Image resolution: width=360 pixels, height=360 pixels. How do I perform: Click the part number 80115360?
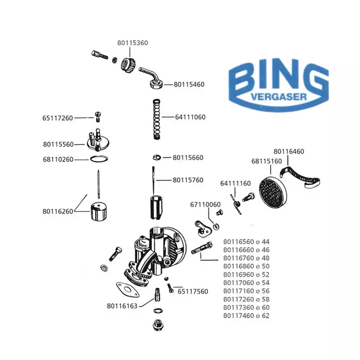[133, 43]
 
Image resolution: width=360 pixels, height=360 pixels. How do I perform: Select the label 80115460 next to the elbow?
[189, 85]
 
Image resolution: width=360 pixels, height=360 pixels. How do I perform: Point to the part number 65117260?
[58, 118]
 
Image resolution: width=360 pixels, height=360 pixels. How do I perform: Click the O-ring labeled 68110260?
[99, 159]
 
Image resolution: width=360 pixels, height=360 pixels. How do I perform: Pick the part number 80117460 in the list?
[240, 316]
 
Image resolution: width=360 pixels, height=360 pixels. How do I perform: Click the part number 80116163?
[122, 305]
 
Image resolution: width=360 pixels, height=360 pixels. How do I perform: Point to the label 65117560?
[193, 292]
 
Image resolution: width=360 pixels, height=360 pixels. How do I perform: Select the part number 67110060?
[206, 204]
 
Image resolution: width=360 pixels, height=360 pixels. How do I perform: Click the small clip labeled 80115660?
[156, 157]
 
